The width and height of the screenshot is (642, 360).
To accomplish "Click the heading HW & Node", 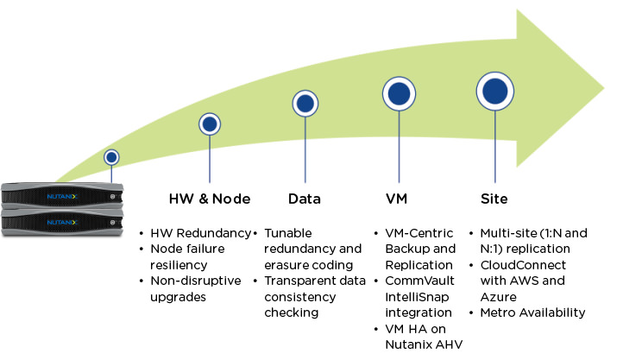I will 210,199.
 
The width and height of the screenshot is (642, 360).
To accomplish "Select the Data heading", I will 304,199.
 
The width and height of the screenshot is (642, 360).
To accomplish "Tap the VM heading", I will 396,199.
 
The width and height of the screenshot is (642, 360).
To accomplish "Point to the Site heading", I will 494,199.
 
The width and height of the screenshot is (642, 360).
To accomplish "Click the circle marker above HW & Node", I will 210,124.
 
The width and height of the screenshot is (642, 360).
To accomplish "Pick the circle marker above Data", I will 305,104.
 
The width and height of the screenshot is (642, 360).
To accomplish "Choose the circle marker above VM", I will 400,93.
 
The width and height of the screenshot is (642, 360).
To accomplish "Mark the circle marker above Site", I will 495,90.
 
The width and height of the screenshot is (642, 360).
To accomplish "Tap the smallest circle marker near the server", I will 111,158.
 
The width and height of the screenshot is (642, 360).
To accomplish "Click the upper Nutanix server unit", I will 62,197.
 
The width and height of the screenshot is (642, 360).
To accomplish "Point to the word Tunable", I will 288,234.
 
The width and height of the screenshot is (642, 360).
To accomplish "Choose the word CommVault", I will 413,281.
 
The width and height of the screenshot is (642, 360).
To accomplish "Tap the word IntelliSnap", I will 412,296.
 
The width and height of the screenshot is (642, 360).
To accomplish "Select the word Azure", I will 498,296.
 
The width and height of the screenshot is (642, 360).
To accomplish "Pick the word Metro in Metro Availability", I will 498,312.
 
